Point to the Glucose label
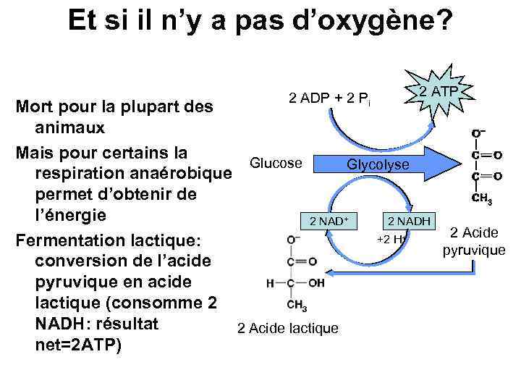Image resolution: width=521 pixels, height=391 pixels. [x=276, y=163]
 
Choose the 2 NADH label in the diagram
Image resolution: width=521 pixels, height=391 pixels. [x=410, y=220]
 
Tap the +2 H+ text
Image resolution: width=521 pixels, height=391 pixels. [x=391, y=239]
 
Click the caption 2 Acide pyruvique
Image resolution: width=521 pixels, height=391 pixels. [x=474, y=241]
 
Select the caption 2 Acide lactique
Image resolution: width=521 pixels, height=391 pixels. [x=287, y=328]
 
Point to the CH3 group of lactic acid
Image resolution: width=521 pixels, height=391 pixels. [x=297, y=306]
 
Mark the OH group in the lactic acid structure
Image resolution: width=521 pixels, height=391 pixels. [x=316, y=283]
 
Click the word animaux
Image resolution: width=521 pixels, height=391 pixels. [x=69, y=128]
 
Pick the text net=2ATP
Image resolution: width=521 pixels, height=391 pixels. [x=78, y=345]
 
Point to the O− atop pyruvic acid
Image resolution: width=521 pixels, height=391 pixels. [x=478, y=133]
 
